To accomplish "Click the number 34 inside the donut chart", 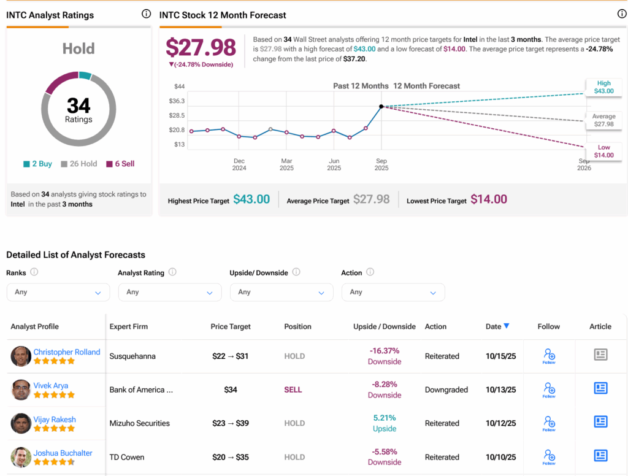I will [78, 106].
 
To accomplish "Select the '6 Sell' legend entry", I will [120, 164].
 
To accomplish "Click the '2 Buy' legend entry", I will [37, 164].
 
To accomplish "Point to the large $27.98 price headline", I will [201, 47].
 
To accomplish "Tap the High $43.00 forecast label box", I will [603, 87].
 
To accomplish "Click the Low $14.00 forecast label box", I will [603, 151].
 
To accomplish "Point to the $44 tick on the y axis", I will [179, 86].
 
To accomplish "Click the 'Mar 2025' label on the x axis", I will [286, 164].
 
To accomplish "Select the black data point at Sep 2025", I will [381, 107].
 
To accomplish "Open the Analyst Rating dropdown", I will [169, 292].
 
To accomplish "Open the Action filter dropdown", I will [392, 292].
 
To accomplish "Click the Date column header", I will [497, 326].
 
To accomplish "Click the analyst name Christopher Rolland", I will [67, 352].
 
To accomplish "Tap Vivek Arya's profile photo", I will [21, 390].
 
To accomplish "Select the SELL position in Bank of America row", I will [293, 390].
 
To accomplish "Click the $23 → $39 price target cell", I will [231, 423].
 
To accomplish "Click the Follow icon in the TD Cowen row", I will [549, 456].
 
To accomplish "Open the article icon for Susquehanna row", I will [600, 355].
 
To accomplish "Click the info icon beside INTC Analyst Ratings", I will [146, 13].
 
